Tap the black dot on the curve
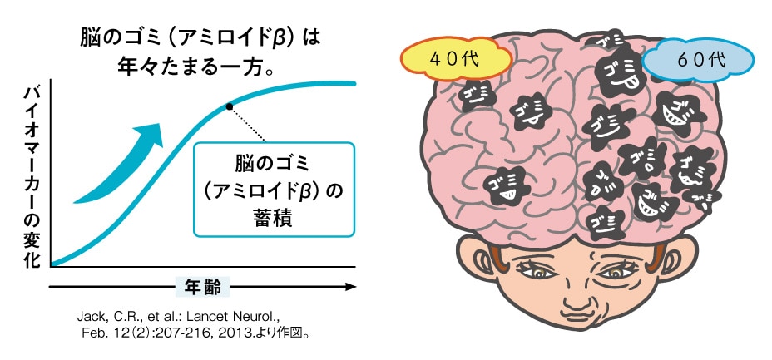coord(229,106)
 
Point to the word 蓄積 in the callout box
coord(275,219)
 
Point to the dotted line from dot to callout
coord(248,124)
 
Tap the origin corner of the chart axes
coord(52,266)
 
